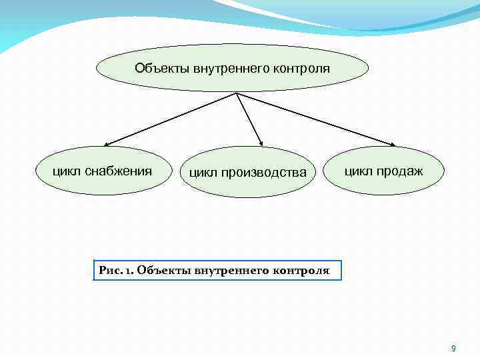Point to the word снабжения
coord(118,171)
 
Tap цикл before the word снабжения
coord(67,171)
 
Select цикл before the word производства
coord(202,172)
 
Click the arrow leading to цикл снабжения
coord(170,119)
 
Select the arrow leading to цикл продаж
coord(316,119)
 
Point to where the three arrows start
coord(237,93)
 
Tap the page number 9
coord(453,348)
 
